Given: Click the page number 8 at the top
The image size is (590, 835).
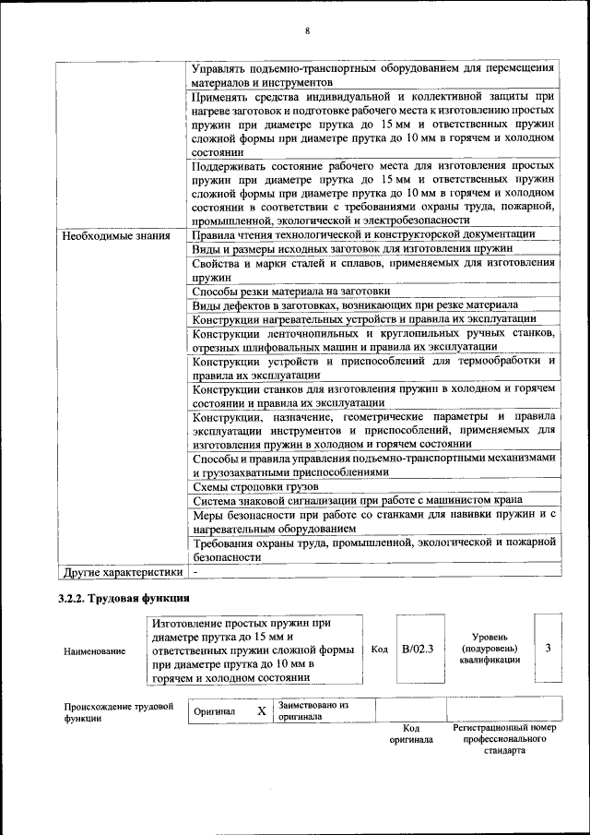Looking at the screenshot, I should (x=308, y=32).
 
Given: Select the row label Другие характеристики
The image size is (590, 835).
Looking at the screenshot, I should (x=121, y=571).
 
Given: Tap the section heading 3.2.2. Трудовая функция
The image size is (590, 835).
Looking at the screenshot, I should (x=124, y=600).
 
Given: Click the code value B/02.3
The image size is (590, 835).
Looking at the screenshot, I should (x=418, y=649).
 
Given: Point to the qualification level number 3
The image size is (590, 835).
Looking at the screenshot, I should (x=548, y=648).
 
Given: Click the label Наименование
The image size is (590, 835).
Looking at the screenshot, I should (x=95, y=651).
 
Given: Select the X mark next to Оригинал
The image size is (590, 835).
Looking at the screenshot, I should (x=261, y=711).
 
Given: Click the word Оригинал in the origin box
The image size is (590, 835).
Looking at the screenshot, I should (x=214, y=711).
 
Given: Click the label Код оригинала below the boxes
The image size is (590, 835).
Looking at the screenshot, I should (x=411, y=734).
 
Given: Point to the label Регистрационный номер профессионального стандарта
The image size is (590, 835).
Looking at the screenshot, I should (x=504, y=739).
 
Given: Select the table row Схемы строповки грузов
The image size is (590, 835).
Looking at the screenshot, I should (x=255, y=486).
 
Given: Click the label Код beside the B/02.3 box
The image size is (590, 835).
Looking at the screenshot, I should (x=379, y=649).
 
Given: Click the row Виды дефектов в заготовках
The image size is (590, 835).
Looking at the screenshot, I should (x=355, y=304).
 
